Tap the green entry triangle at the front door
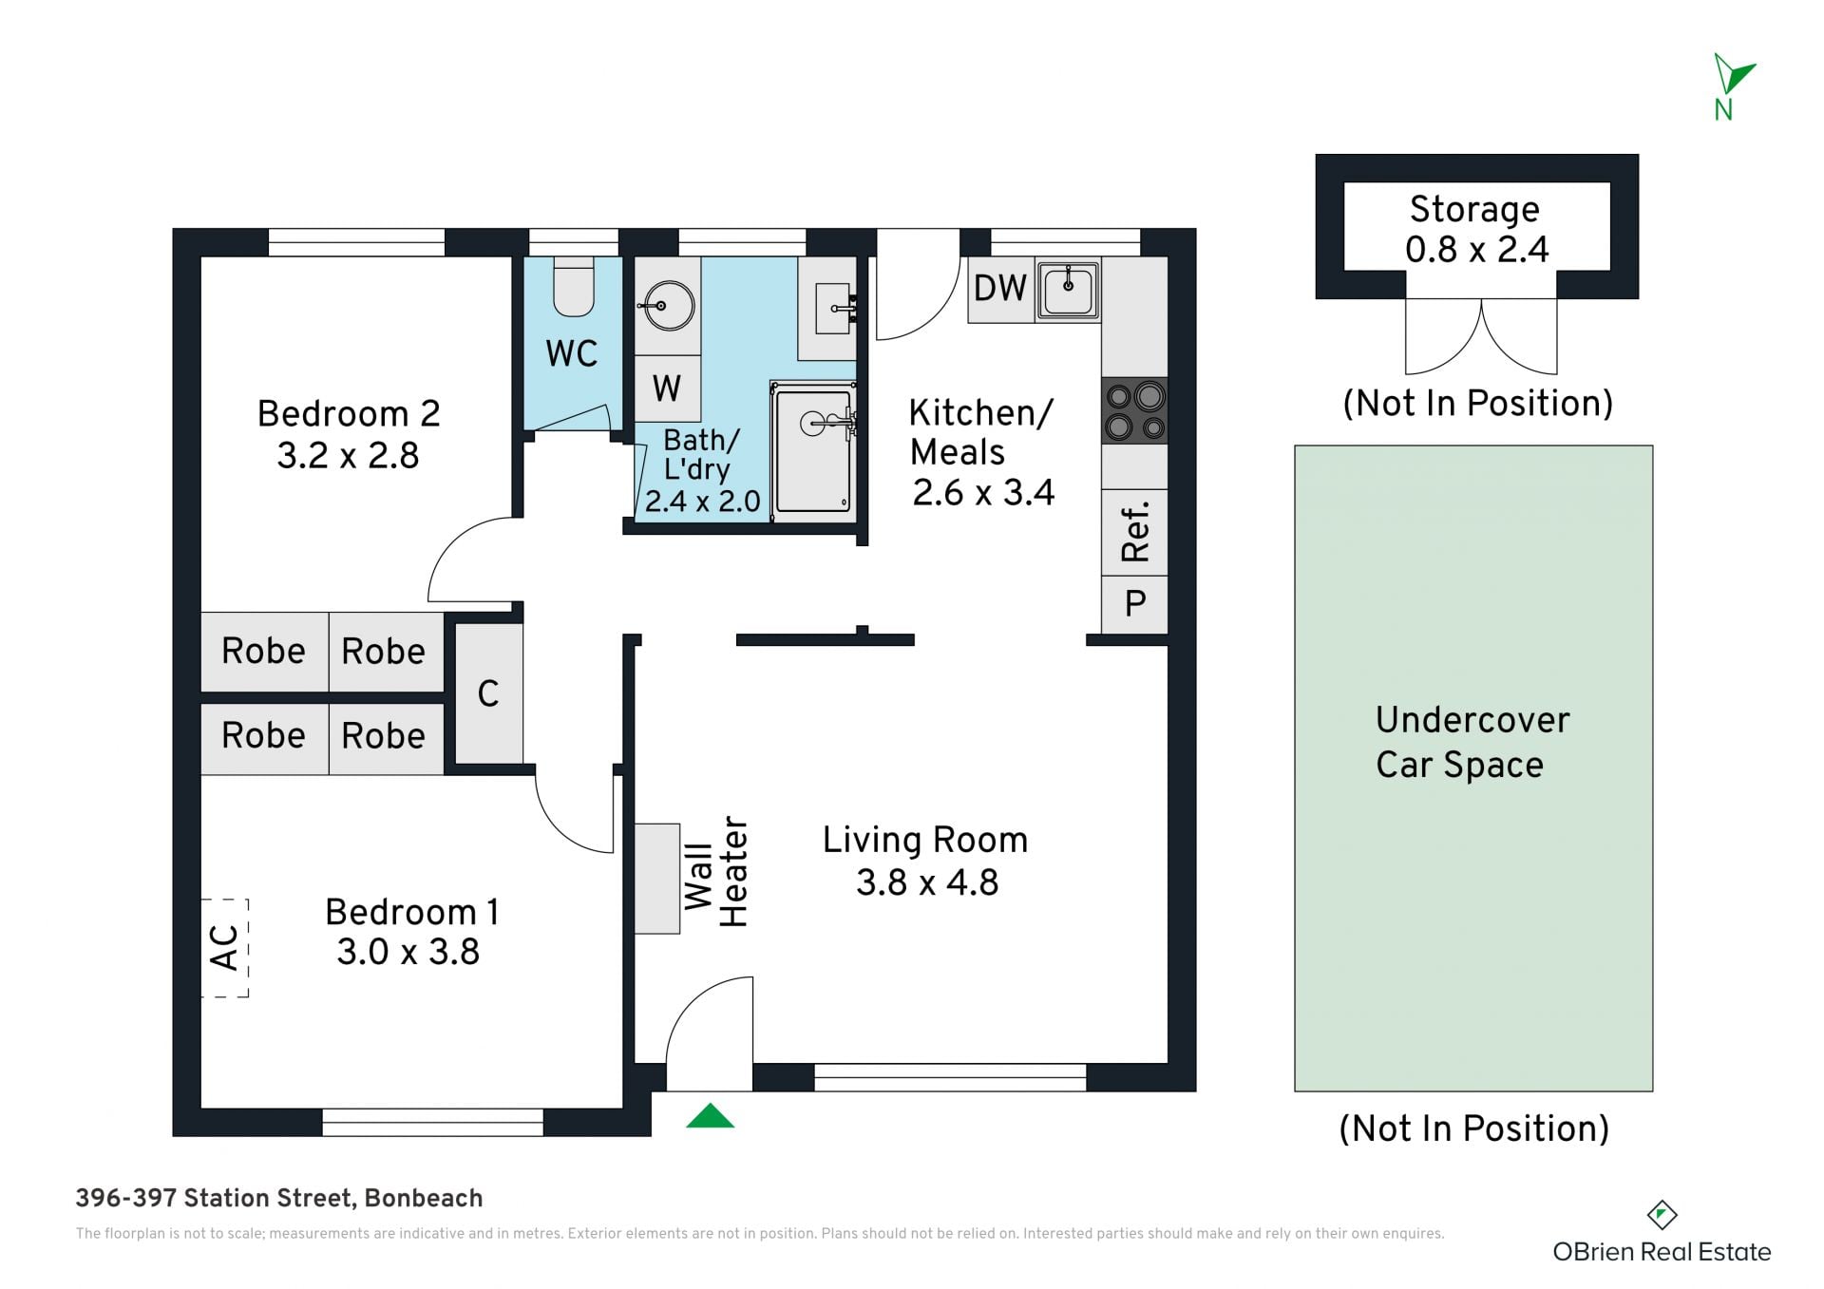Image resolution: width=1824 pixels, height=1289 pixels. click(x=711, y=1116)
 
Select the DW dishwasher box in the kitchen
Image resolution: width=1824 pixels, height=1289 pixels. click(x=1001, y=288)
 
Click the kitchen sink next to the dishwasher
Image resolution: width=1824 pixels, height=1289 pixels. click(x=1068, y=290)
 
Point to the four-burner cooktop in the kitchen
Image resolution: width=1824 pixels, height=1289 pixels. click(x=1134, y=410)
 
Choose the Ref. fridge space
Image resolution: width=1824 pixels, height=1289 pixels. click(x=1134, y=533)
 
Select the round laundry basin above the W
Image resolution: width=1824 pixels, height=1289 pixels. click(x=668, y=306)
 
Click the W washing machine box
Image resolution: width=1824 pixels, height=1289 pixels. click(x=667, y=389)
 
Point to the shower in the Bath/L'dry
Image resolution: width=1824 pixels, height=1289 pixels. click(x=813, y=451)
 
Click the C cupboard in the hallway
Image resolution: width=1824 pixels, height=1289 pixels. click(x=488, y=693)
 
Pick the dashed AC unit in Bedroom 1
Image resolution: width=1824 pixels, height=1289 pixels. click(x=225, y=948)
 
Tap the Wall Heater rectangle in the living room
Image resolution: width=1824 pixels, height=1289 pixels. click(x=657, y=879)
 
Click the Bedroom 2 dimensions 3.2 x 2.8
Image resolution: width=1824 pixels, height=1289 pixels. click(x=348, y=456)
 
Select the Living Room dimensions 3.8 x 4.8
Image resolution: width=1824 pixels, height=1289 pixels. click(x=927, y=882)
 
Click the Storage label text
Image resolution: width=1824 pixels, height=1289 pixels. click(x=1474, y=209)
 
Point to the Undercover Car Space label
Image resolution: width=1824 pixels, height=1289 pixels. click(x=1472, y=743)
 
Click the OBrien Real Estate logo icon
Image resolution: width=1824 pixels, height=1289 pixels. click(x=1662, y=1215)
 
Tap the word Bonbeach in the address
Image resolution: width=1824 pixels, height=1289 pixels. click(x=424, y=1199)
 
